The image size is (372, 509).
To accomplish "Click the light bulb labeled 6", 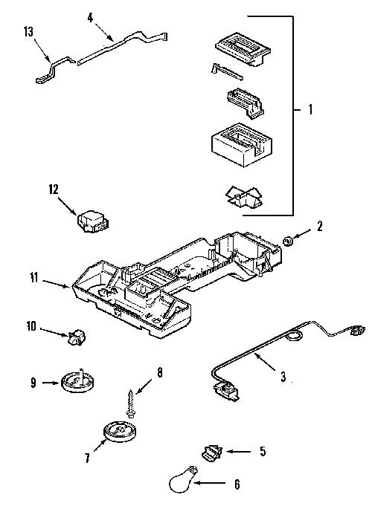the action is click(183, 481).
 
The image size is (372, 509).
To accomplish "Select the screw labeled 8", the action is click(131, 402).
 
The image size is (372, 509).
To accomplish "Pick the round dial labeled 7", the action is click(119, 432).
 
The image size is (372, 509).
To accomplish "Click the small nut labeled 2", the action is click(288, 241).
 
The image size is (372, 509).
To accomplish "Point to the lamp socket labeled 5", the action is click(212, 452).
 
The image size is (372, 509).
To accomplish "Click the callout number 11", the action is click(33, 278).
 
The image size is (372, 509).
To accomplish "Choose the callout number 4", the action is click(90, 18).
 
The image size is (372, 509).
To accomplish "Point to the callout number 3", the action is click(283, 377).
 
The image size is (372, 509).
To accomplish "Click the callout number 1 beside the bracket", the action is click(310, 109).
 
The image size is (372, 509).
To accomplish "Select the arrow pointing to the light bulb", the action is click(209, 483).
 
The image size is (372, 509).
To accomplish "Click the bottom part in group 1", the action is click(244, 197).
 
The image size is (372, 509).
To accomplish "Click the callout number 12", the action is click(54, 189).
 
